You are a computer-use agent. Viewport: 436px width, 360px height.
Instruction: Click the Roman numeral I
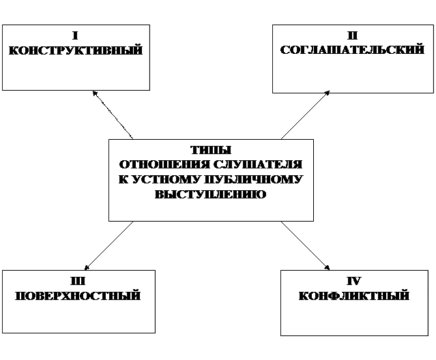tap(75, 35)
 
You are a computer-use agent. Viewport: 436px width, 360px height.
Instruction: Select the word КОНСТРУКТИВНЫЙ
tap(75, 50)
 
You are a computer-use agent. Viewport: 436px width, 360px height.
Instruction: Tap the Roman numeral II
tap(352, 35)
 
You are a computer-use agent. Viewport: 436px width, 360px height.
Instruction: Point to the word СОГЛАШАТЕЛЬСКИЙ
tap(352, 50)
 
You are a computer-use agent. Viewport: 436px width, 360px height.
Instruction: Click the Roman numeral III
tap(78, 281)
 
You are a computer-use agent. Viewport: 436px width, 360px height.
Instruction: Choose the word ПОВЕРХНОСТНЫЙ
tap(78, 296)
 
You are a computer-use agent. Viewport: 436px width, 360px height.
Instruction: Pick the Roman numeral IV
tap(353, 281)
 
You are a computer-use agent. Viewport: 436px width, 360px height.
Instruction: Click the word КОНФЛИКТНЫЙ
tap(353, 296)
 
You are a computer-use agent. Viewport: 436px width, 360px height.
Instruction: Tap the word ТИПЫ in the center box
tap(211, 150)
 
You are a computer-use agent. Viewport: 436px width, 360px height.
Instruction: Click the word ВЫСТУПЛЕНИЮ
tap(211, 194)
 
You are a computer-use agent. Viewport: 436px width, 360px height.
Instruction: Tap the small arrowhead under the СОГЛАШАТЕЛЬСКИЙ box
tap(326, 92)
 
